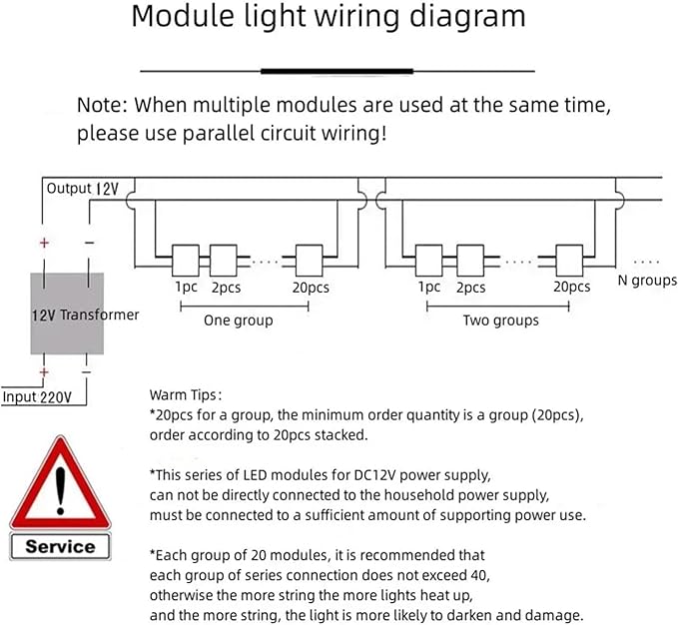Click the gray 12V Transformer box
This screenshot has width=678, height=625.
tap(67, 313)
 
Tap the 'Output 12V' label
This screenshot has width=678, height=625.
tap(82, 189)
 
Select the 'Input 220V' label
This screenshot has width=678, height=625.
tap(37, 396)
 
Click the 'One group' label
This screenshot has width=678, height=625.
tap(239, 320)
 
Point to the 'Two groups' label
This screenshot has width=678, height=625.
tap(500, 320)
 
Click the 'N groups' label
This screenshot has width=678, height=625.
tap(647, 281)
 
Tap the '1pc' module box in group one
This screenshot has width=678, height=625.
tap(186, 261)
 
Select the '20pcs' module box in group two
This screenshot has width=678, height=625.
tap(569, 261)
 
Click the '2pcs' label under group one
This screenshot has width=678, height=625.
tap(226, 288)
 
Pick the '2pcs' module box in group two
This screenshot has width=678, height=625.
tap(470, 261)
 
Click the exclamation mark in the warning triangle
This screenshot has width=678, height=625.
tap(60, 491)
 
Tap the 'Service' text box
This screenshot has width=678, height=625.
tap(60, 547)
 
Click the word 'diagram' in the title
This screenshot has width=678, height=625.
tap(467, 17)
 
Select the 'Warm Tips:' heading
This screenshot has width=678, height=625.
tap(186, 395)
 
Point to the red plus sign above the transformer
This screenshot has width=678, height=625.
tap(44, 243)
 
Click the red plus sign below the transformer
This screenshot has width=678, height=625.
tap(44, 371)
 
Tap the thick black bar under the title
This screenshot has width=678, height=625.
tap(337, 71)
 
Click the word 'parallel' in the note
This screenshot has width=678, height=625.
tap(220, 133)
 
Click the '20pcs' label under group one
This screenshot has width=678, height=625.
tap(311, 288)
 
